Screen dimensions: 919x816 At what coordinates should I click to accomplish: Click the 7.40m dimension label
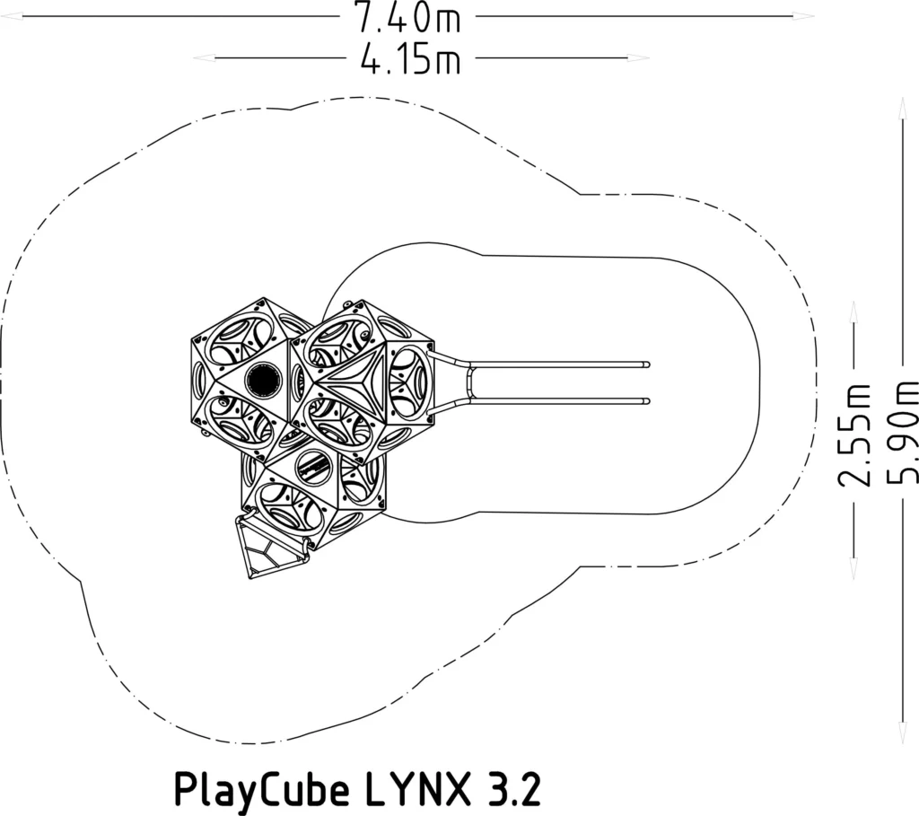point(408,18)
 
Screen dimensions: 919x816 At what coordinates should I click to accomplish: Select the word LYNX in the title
point(418,788)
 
